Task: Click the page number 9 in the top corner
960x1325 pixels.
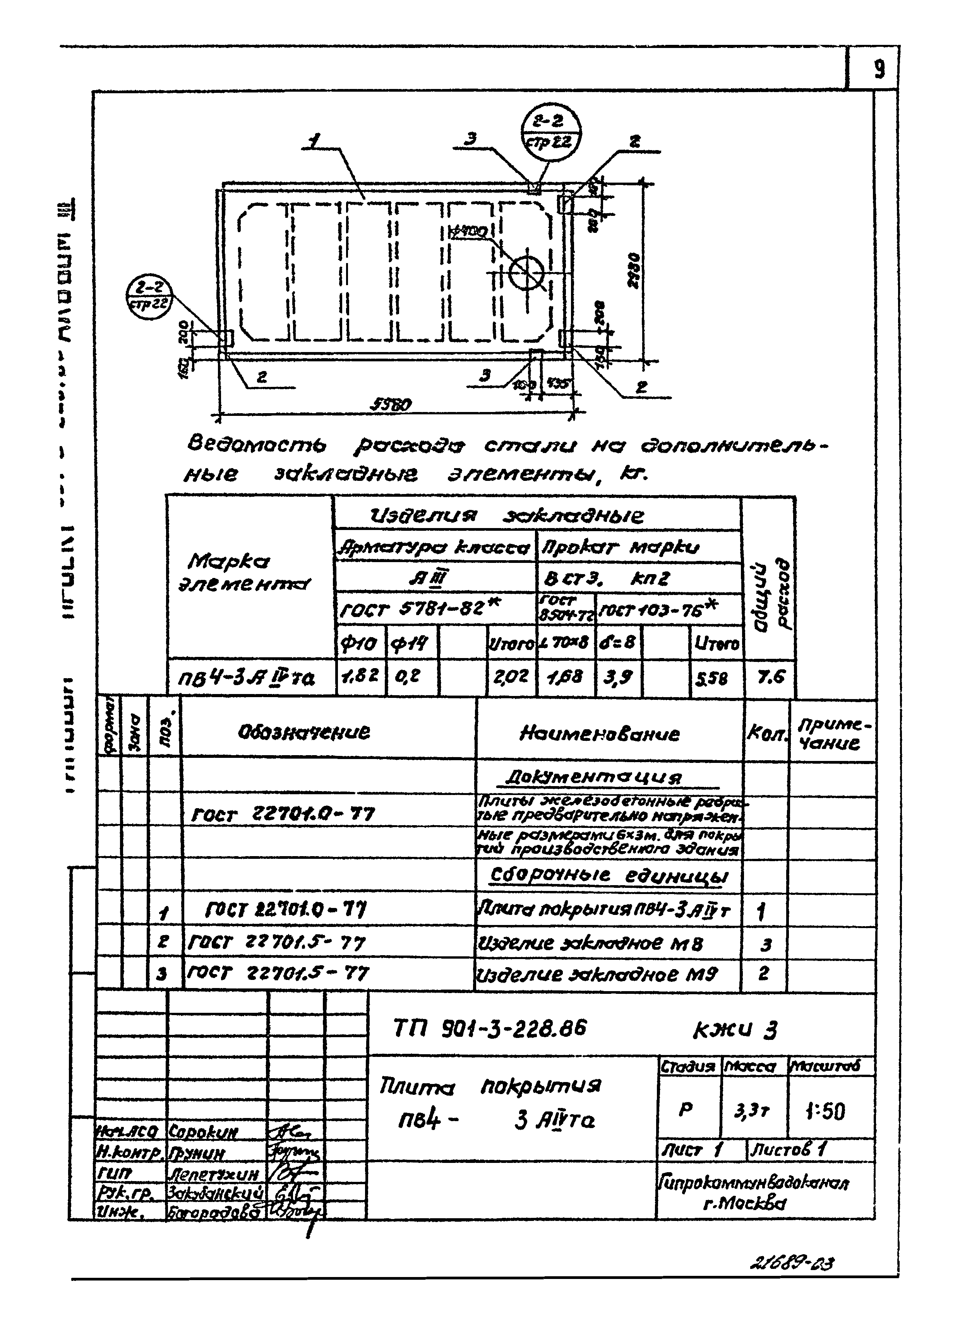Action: pos(878,70)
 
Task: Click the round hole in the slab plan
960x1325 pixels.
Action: pos(526,272)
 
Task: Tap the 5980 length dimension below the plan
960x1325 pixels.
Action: pos(391,404)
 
